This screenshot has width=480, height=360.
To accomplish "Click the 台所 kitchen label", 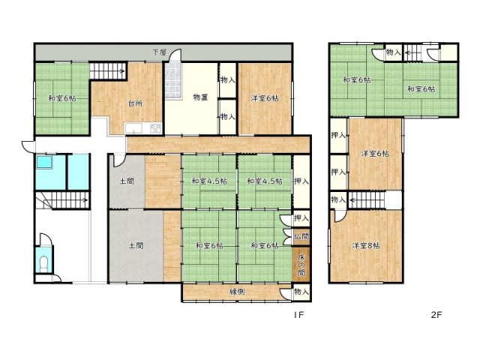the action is (x=135, y=103).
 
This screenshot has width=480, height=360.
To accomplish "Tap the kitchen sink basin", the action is (x=133, y=128).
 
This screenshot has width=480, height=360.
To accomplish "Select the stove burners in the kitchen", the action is (x=155, y=128).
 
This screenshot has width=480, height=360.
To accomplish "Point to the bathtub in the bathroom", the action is (x=44, y=162).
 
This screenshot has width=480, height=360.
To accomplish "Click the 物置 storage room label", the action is (x=200, y=97).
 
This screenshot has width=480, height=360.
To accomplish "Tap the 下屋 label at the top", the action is (x=160, y=52).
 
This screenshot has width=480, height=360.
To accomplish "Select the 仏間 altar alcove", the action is (x=301, y=237).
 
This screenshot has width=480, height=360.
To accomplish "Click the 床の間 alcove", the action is (x=301, y=264).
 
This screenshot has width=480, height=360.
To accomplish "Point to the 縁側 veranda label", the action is (x=237, y=292).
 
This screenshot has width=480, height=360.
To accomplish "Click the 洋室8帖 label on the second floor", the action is (x=366, y=245).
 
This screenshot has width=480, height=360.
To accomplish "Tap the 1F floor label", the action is (x=298, y=315).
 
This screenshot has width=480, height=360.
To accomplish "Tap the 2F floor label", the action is (x=436, y=315).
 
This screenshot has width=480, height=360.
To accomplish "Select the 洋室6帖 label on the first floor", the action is (x=265, y=98).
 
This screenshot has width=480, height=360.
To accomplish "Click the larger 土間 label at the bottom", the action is (x=136, y=245).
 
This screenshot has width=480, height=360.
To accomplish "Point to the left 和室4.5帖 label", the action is (x=209, y=181).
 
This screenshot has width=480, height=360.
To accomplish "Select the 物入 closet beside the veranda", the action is (x=301, y=292).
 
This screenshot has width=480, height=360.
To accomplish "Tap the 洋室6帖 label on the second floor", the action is (x=375, y=153).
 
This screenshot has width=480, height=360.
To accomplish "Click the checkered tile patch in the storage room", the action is (x=173, y=81).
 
